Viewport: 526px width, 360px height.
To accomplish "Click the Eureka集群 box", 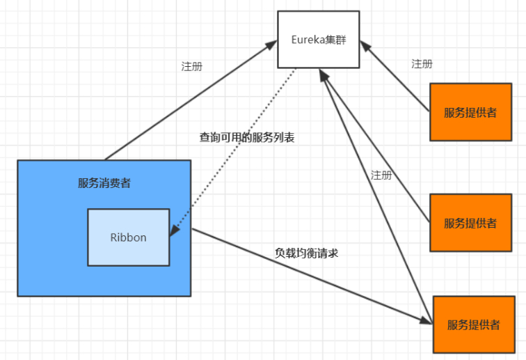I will click(318, 39).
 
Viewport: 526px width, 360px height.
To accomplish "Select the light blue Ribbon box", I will click(128, 237).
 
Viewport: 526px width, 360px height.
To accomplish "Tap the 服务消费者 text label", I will click(104, 184).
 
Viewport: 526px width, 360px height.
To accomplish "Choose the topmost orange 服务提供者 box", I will click(471, 112).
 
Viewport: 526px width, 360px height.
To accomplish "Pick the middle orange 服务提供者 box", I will click(471, 223).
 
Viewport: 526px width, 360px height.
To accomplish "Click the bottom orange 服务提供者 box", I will click(474, 324).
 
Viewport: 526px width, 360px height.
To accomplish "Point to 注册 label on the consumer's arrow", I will click(192, 67).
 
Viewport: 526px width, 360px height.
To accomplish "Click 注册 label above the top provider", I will click(422, 64).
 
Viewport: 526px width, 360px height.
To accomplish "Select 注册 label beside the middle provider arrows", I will click(381, 175).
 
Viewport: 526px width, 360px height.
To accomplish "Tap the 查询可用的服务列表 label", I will click(247, 138).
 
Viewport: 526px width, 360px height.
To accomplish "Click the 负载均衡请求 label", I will click(307, 253).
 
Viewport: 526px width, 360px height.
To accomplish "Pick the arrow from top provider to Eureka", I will click(395, 77).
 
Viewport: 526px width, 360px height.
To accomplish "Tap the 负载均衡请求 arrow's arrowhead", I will click(427, 320).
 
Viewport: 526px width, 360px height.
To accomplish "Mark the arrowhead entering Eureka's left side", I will click(272, 45).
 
